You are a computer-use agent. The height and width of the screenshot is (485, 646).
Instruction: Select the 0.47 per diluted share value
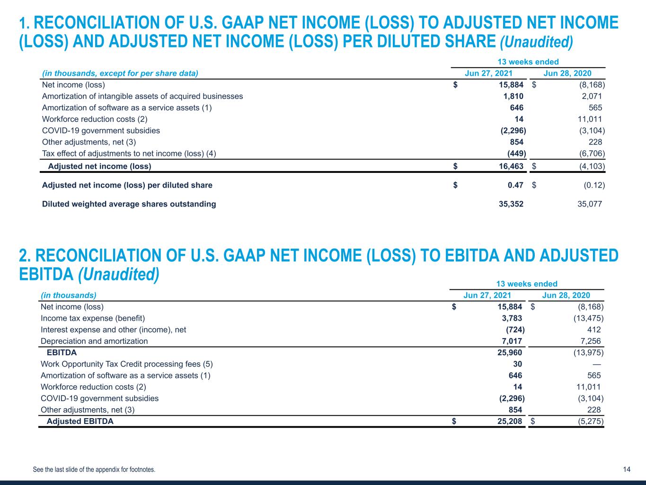(515, 185)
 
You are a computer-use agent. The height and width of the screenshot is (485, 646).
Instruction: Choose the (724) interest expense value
(515, 330)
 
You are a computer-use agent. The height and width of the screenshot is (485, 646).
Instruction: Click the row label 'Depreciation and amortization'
(94, 341)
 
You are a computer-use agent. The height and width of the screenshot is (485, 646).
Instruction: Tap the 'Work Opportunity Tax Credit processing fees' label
(126, 364)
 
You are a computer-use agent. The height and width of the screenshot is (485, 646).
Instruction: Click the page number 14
(627, 469)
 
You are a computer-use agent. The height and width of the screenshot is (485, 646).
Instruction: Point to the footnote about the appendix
(94, 470)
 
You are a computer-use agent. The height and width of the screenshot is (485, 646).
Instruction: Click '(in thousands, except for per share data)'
(120, 73)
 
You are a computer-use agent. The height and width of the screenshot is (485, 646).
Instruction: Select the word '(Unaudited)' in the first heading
(536, 42)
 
